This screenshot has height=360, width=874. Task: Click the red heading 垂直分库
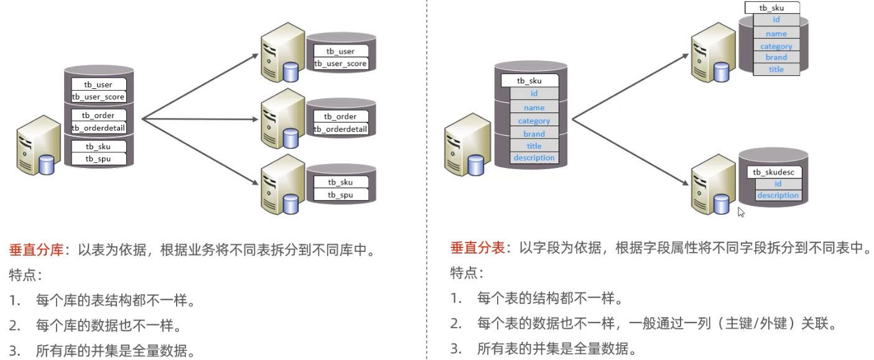point(36,251)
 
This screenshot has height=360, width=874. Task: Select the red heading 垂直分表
point(477,248)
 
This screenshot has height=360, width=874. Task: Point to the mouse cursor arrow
point(741,212)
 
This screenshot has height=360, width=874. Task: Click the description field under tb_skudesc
point(778,195)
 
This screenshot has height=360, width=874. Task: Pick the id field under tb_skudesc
point(778,184)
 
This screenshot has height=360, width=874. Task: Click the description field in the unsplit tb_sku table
point(534,158)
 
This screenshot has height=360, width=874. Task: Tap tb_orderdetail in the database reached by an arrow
point(341,129)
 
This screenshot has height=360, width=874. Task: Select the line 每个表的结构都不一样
point(550,298)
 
